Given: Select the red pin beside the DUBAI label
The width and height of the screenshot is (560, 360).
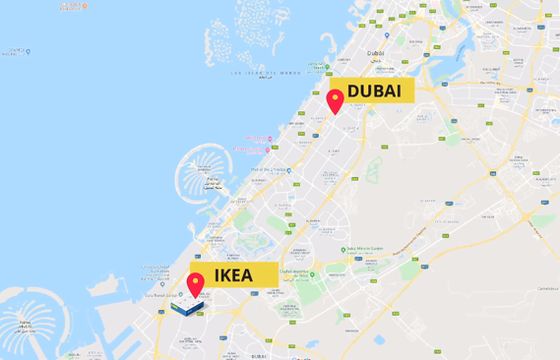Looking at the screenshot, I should pos(334,101).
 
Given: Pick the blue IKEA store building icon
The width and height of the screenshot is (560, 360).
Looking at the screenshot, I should pos(183,308).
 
